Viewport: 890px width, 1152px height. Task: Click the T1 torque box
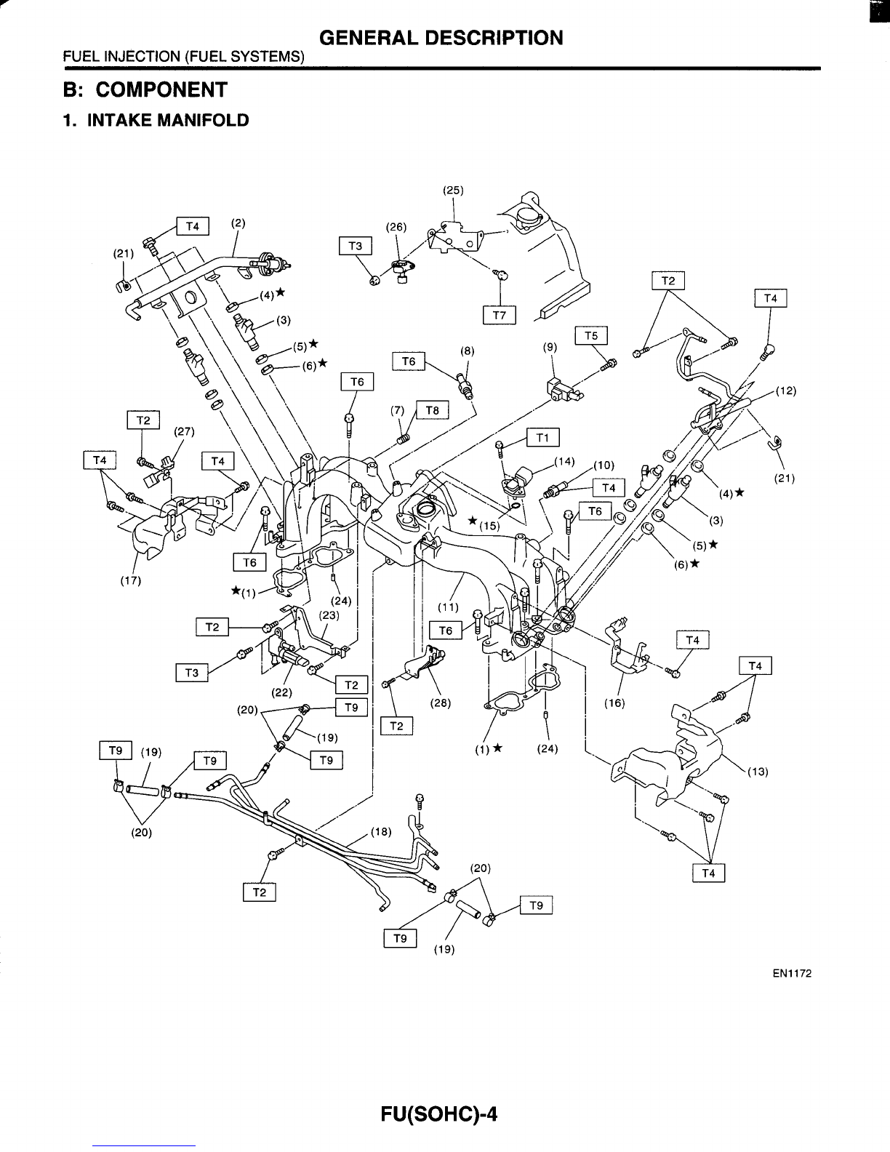point(542,437)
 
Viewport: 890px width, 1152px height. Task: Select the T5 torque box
point(591,335)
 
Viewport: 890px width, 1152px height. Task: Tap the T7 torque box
point(500,316)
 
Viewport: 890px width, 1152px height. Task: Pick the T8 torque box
point(433,409)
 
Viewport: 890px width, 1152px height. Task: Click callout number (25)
point(453,191)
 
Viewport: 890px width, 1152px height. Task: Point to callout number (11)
point(448,607)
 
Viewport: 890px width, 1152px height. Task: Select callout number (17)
point(130,580)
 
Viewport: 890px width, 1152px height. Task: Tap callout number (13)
point(758,772)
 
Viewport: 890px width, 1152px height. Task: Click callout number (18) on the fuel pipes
point(380,832)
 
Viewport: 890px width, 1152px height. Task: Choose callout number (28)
point(440,703)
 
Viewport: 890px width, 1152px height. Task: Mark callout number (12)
point(786,391)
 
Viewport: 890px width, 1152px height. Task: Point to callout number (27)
point(184,431)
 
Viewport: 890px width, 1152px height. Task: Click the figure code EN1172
point(792,973)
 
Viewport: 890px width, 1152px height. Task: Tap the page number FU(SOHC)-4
point(439,1113)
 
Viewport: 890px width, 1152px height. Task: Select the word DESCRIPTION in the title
point(494,38)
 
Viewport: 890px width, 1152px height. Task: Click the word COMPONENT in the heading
point(161,89)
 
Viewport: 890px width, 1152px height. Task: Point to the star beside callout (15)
point(473,520)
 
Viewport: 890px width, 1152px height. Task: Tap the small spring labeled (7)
point(404,439)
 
